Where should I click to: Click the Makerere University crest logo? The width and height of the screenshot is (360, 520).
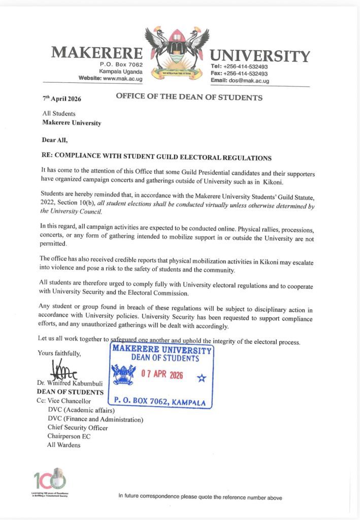[x=177, y=51]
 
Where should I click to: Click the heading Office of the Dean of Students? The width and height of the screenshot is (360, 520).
[x=189, y=97]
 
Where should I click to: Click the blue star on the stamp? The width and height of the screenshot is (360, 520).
[x=201, y=378]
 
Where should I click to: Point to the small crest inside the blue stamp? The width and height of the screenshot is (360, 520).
[x=123, y=375]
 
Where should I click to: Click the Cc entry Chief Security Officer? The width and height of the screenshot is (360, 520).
[x=78, y=428]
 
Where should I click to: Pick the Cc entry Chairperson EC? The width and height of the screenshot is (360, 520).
[x=71, y=436]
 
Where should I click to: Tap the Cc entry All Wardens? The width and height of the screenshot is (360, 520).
[x=63, y=445]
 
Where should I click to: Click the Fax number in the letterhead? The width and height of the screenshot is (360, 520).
[x=240, y=74]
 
